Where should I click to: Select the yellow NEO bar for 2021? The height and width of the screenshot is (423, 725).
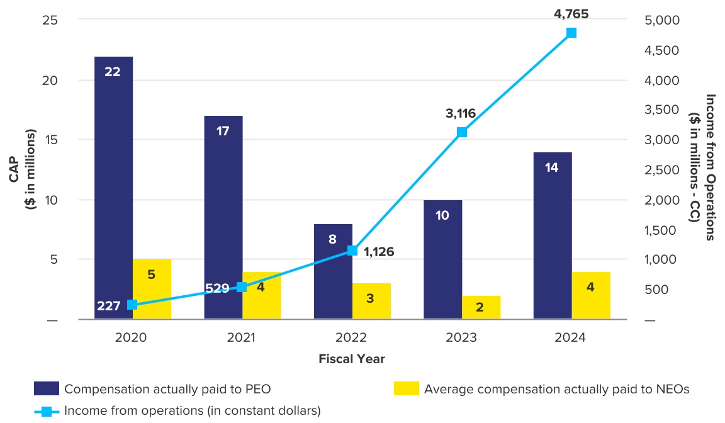click(262, 296)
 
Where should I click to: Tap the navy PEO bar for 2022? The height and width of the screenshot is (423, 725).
click(334, 271)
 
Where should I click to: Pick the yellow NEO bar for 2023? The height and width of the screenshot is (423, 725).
click(481, 307)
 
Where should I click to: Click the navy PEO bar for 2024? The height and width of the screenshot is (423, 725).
click(553, 235)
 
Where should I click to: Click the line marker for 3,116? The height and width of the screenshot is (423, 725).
click(462, 132)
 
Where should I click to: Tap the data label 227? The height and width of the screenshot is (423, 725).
click(109, 307)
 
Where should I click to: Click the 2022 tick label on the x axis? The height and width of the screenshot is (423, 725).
click(351, 337)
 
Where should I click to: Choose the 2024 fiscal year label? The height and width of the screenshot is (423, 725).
click(570, 337)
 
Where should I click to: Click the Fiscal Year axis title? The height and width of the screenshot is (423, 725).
click(351, 359)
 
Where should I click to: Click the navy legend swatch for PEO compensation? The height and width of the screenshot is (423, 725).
click(47, 389)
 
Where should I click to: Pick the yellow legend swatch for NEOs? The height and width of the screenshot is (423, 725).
click(406, 389)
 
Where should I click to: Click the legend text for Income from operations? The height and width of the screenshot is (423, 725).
click(193, 411)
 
